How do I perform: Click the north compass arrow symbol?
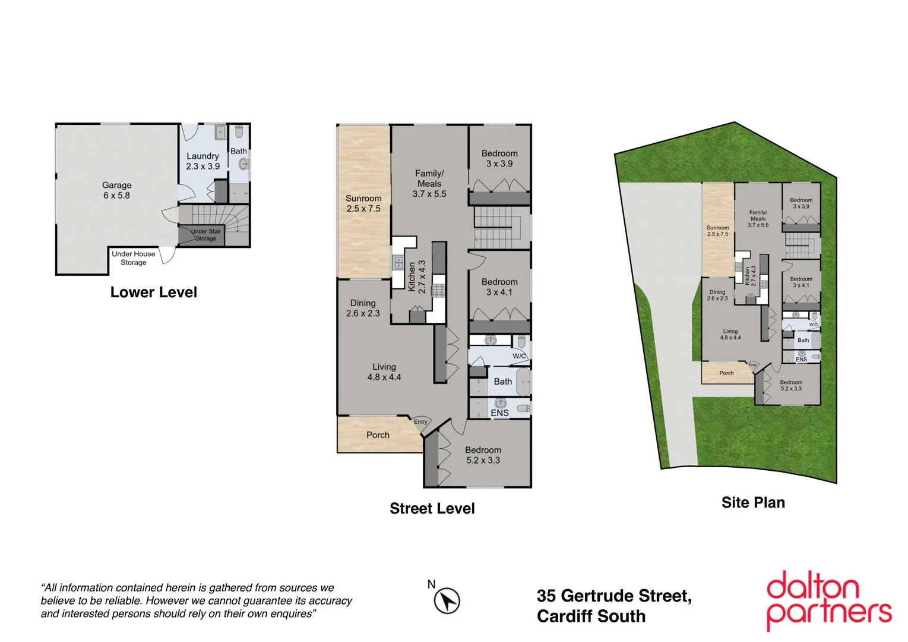pos(447,600)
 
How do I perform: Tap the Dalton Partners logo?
pos(828,600)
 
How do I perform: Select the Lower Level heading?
pos(153,292)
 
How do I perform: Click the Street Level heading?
pos(432,508)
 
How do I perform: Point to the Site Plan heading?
pos(752,502)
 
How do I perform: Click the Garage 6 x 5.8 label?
pos(116,190)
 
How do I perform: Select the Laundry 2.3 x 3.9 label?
pos(203,161)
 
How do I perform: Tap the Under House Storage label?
pos(133,258)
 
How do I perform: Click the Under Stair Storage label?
pos(205,235)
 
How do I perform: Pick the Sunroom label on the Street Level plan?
pos(363,203)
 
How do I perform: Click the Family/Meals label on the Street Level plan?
pos(429,183)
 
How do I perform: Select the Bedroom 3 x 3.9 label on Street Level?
pos(499,158)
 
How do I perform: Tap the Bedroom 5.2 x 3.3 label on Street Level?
pos(483,455)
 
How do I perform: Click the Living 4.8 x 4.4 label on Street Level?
pos(384,372)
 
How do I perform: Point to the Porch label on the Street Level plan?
pos(378,435)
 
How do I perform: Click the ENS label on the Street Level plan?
pos(499,413)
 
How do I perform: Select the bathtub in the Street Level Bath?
pos(523,382)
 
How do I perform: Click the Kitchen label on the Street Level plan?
pos(416,276)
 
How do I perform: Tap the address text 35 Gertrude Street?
pos(613,596)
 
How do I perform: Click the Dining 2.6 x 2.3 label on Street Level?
pos(363,308)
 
